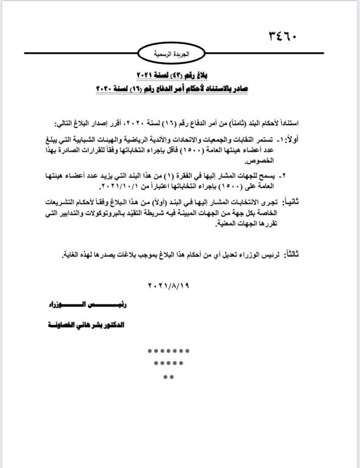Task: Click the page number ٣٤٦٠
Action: [281, 36]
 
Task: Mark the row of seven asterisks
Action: [168, 351]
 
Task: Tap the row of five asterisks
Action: [168, 364]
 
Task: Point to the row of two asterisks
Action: [168, 377]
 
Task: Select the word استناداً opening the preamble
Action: [285, 124]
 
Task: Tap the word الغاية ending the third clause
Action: [71, 255]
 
